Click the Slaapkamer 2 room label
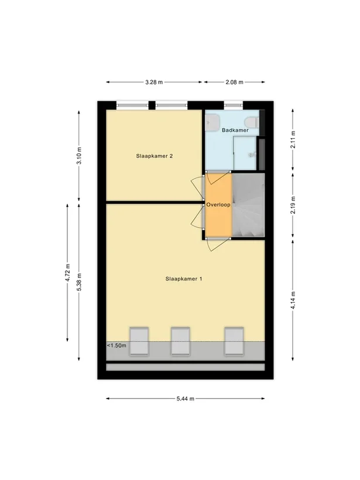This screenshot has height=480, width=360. pyautogui.click(x=153, y=156)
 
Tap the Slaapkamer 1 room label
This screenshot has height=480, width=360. pyautogui.click(x=184, y=279)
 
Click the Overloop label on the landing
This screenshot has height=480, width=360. pyautogui.click(x=218, y=205)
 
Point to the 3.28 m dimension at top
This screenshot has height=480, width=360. pyautogui.click(x=154, y=83)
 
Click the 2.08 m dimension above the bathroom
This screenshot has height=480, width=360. pyautogui.click(x=234, y=83)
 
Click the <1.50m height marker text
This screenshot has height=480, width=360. pyautogui.click(x=116, y=346)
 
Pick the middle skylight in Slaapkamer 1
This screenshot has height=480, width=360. pyautogui.click(x=179, y=341)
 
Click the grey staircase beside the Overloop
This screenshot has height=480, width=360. pyautogui.click(x=249, y=205)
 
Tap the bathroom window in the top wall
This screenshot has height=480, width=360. pyautogui.click(x=233, y=106)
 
